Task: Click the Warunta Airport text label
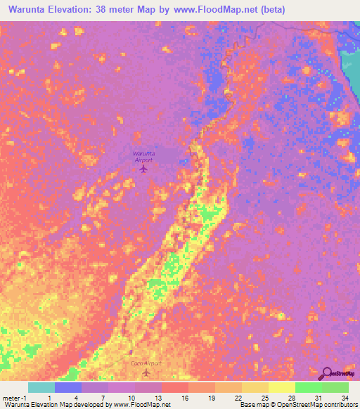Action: pos(143,156)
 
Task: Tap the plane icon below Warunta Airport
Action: pos(144,169)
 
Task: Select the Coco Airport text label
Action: pos(146,363)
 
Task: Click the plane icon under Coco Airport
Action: pos(147,373)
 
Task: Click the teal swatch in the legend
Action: pos(41,387)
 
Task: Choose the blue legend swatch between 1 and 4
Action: pos(68,387)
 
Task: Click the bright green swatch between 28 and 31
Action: pos(309,387)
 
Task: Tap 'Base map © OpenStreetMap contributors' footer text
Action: pos(299,405)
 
